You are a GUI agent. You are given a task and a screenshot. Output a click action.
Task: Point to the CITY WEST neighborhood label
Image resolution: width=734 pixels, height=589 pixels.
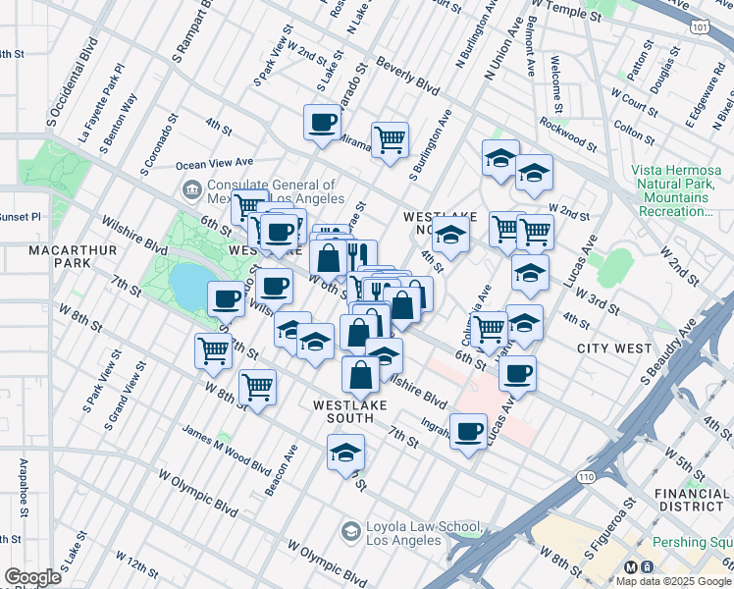click(x=614, y=348)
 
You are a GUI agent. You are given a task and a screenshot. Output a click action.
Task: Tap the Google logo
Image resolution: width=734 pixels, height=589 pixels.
click(x=31, y=577)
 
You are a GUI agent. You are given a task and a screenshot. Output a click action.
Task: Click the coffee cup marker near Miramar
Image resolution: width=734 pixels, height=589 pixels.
click(x=323, y=124)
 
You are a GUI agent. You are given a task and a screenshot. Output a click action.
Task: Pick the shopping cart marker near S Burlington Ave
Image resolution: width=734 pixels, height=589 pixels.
click(x=391, y=139)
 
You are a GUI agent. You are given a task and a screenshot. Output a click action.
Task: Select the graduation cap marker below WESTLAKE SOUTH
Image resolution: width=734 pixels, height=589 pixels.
click(x=345, y=453)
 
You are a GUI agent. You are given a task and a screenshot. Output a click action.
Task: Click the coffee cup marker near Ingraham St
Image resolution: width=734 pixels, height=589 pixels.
click(x=469, y=430)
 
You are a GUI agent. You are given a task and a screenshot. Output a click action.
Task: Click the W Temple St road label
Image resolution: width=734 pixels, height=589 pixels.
click(x=566, y=15)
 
